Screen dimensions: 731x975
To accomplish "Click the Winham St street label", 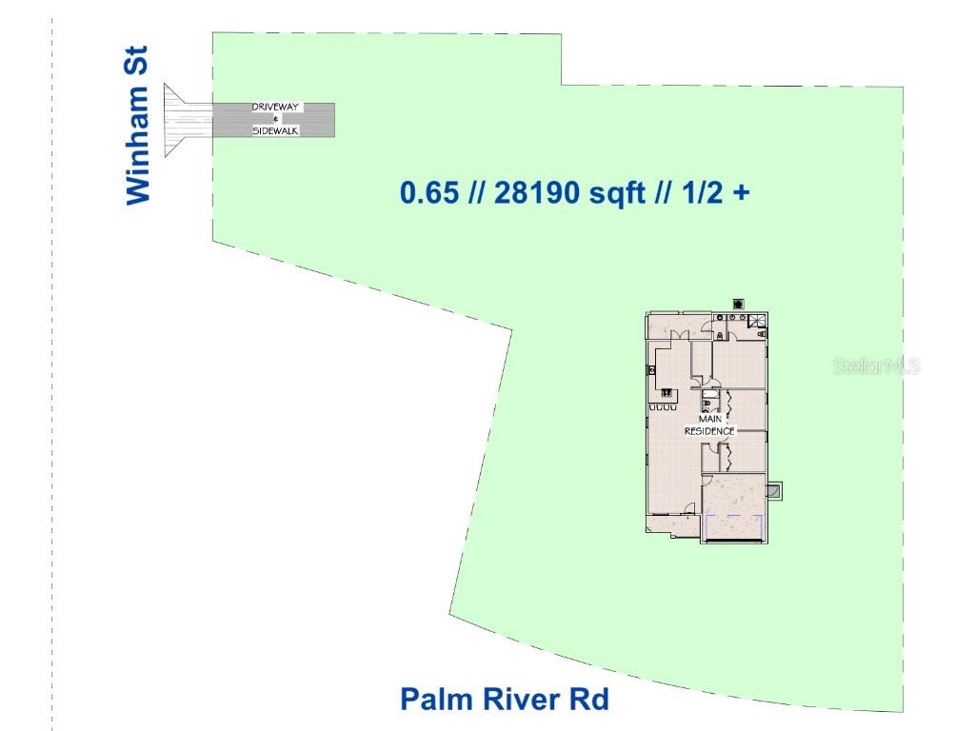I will coord(139,144).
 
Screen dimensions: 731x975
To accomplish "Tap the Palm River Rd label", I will coord(504,700).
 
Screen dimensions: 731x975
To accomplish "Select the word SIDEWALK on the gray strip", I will coord(276,130).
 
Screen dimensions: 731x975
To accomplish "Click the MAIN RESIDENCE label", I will coord(710,425).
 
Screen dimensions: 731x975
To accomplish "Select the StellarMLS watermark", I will coord(876,366).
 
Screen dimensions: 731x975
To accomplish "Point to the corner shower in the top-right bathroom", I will coord(758,322).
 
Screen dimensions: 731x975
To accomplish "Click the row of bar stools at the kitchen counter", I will coord(663,407).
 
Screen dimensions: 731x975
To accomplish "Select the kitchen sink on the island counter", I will coord(667,392).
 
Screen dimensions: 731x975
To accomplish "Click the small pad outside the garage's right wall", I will coord(775,491).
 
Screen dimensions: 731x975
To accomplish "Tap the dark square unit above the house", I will coord(738,304).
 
